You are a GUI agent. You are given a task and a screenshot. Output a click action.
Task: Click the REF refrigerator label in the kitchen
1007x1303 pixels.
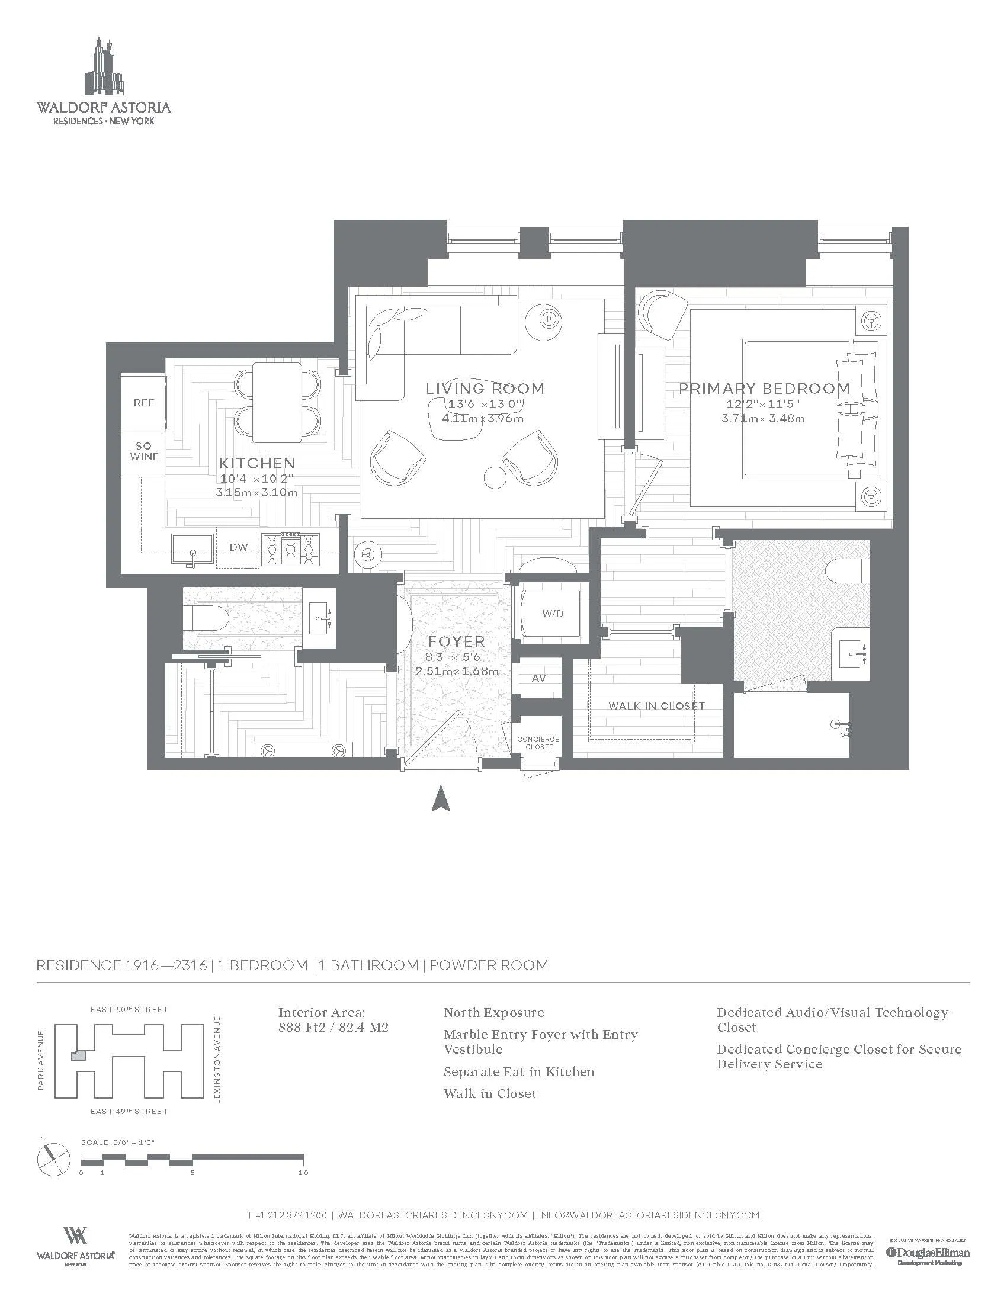pos(143,403)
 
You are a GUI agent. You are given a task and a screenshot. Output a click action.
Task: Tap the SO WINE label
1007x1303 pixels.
pos(144,452)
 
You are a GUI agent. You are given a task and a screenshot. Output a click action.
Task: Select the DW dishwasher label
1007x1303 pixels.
pos(239,547)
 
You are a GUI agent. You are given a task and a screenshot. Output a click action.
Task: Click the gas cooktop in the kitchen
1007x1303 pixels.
pos(291,549)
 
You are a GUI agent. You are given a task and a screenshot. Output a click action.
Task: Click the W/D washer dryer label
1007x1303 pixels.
pos(553,614)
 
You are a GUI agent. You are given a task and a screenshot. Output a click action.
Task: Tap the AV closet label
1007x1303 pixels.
pos(538,678)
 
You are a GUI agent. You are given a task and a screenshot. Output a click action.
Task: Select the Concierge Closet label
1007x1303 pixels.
pos(538,743)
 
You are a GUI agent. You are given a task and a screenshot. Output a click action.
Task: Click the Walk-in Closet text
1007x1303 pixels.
pos(656,706)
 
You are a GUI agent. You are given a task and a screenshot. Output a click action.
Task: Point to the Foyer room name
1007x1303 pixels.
pos(456,642)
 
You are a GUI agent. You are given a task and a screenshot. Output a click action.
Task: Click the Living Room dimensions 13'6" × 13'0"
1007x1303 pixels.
pos(485,404)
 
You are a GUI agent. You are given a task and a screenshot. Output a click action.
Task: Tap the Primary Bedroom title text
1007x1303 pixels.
pos(764,389)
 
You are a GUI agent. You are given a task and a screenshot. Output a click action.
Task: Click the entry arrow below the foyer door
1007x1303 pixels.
pos(440,799)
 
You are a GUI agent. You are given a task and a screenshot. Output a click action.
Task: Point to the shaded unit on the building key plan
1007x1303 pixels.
pos(79,1055)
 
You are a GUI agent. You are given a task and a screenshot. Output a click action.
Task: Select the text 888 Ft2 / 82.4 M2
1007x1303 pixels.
pos(333,1028)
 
